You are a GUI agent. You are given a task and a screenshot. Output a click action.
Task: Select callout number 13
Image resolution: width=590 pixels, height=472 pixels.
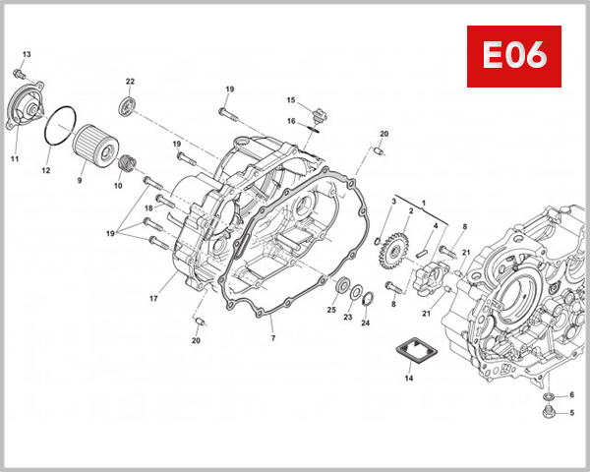27,53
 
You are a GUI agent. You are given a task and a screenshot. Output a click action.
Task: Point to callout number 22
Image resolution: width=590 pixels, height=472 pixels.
130,81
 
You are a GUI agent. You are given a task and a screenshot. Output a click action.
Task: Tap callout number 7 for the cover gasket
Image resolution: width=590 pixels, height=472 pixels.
273,338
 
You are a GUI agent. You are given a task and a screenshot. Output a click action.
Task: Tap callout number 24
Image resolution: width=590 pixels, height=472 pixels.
366,324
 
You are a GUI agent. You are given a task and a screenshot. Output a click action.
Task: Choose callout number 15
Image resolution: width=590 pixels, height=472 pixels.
291,100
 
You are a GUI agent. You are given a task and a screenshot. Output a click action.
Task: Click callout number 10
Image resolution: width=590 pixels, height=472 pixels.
118,186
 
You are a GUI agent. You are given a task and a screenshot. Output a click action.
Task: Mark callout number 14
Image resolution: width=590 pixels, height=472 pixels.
409,377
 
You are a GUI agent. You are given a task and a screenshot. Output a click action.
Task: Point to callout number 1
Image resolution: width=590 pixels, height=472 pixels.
424,203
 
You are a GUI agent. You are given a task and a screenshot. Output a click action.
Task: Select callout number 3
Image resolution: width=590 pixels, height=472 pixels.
394,202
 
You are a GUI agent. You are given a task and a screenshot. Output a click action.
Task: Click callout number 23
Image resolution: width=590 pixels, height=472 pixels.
347,317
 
